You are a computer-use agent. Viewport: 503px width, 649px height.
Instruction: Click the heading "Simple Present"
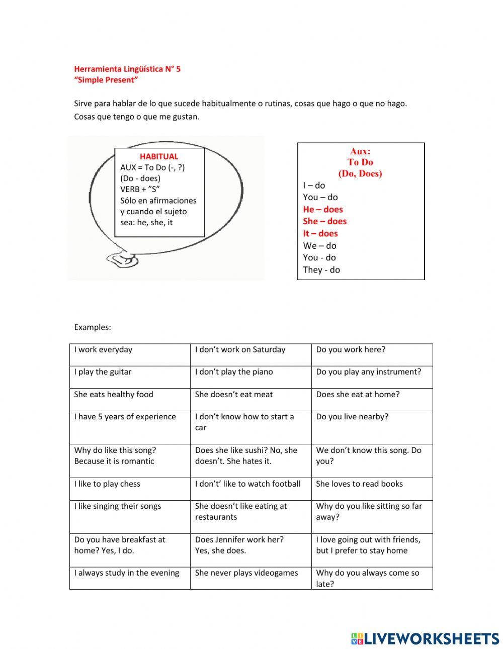[x=106, y=80]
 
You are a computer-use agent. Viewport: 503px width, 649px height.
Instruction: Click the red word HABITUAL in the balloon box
[x=159, y=156]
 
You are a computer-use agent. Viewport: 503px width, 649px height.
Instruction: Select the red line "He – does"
[x=322, y=209]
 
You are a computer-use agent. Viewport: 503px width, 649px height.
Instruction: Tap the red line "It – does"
[x=320, y=233]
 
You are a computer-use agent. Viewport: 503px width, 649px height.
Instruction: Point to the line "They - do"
[x=321, y=269]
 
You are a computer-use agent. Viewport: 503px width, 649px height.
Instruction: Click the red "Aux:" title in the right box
[x=360, y=151]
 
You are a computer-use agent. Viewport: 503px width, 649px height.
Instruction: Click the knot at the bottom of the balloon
[x=122, y=259]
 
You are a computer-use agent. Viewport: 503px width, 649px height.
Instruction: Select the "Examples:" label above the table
[x=93, y=327]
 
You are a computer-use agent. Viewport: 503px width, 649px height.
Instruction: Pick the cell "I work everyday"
[x=103, y=349]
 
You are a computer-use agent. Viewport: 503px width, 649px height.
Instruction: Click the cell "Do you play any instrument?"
[x=368, y=372]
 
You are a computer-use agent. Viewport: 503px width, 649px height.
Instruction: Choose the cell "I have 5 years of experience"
[x=125, y=417]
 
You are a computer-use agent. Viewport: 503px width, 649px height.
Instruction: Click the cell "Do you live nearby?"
[x=352, y=417]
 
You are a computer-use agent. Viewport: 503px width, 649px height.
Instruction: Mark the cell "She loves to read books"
[x=359, y=484]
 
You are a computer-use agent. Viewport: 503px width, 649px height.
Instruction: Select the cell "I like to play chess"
[x=107, y=484]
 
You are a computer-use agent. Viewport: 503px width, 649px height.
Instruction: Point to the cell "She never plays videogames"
[x=246, y=573]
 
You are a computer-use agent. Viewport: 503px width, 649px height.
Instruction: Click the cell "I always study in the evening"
[x=127, y=573]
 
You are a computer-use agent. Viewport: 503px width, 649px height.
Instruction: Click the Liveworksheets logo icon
[x=357, y=638]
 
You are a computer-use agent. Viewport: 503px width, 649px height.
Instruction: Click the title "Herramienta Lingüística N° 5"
[x=127, y=69]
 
